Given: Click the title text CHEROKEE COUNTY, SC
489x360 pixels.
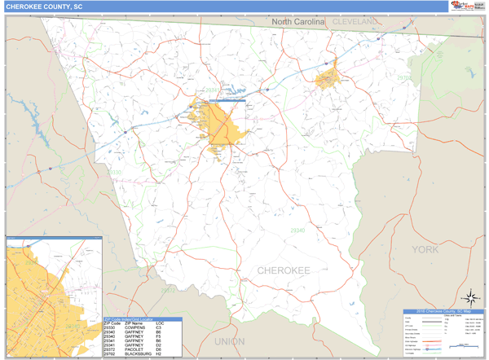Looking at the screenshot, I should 45,7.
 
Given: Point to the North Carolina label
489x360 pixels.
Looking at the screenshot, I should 297,21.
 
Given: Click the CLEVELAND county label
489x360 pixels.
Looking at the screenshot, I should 355,21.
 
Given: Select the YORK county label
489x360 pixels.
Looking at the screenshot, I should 425,249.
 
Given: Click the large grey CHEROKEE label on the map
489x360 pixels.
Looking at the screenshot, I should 284,270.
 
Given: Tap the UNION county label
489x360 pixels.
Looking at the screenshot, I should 229,342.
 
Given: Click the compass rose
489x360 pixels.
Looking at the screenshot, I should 470,298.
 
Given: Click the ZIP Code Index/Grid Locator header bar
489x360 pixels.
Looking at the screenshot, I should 143,319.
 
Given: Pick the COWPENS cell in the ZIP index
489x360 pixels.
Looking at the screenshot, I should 135,327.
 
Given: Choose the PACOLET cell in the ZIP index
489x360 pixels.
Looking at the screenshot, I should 134,349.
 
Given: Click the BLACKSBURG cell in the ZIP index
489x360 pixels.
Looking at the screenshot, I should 138,354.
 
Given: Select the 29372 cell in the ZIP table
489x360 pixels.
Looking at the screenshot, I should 112,349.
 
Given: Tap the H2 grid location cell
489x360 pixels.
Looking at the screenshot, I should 159,354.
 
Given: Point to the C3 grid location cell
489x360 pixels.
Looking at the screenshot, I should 159,327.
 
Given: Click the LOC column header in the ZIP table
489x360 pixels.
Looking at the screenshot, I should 160,323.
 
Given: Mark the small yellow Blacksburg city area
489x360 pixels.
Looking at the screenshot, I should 327,79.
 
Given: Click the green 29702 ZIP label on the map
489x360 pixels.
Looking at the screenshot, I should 404,77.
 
